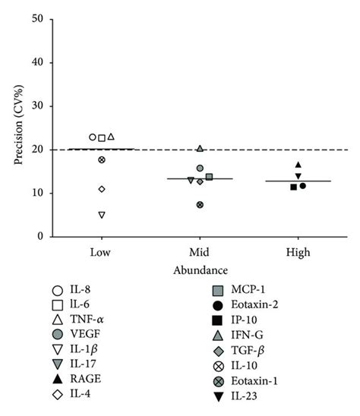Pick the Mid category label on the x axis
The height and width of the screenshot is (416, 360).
tap(200, 250)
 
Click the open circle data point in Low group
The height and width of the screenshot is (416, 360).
tap(93, 137)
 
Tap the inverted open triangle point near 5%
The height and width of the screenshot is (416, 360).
tap(101, 215)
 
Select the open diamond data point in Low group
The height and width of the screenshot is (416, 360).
tap(101, 189)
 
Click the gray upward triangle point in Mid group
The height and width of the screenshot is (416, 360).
tap(200, 148)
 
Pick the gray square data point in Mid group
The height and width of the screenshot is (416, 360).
tap(209, 177)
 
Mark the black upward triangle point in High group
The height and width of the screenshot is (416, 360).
tap(298, 165)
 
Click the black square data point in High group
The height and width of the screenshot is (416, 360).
tap(293, 187)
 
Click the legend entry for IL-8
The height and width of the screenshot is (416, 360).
tap(76, 289)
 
